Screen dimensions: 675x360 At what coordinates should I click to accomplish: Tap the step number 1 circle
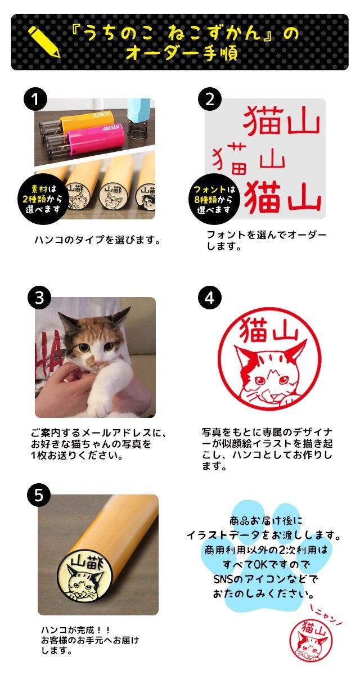point(35,100)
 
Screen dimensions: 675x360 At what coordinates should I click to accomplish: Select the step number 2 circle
point(209,100)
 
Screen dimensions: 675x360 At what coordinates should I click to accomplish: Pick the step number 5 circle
point(38,495)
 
